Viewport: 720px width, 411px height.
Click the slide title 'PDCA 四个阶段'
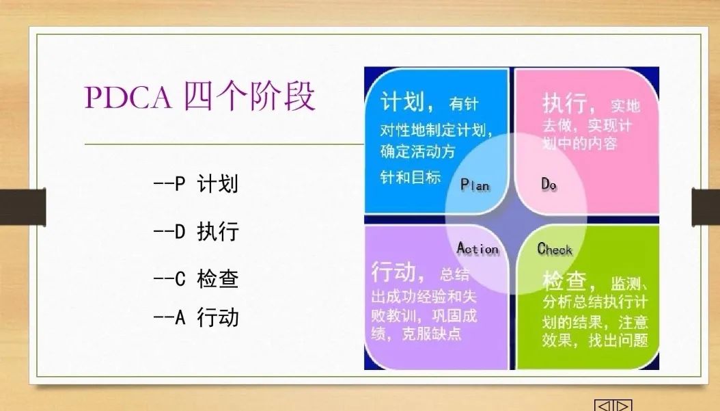[x=200, y=96]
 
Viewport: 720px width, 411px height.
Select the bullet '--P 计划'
[x=196, y=184]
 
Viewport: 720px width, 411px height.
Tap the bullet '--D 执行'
[x=196, y=231]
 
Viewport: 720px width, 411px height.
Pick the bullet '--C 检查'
[x=196, y=278]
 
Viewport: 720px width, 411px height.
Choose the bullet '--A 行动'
[x=196, y=317]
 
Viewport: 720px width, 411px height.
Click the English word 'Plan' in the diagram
[x=475, y=185]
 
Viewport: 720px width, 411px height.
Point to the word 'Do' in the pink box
[x=549, y=184]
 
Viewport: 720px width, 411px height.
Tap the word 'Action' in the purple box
[x=477, y=248]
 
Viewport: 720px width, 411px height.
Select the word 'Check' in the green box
[x=555, y=249]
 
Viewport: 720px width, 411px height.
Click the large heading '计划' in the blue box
[x=402, y=101]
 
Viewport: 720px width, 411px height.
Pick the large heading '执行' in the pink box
[x=564, y=103]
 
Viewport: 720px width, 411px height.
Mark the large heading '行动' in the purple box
[x=393, y=271]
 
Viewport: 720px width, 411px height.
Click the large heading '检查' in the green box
[x=565, y=281]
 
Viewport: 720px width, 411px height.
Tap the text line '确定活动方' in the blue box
[x=418, y=151]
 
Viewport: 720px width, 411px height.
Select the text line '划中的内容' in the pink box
[x=579, y=144]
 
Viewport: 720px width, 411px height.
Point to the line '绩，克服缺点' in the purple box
[x=417, y=333]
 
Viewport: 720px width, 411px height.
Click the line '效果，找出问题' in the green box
[x=595, y=340]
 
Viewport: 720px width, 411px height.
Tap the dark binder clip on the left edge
[x=23, y=207]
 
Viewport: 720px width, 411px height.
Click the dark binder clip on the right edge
[x=706, y=207]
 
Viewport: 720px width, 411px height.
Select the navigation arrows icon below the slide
[x=613, y=405]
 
